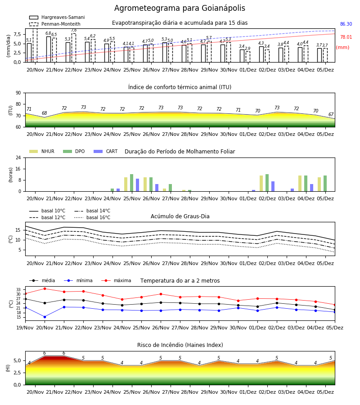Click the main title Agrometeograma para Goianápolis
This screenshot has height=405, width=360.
coord(180,8)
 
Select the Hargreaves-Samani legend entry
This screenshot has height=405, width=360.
coord(57,17)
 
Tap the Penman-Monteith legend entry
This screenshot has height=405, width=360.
coord(55,24)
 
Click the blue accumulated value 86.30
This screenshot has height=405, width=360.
coord(346,24)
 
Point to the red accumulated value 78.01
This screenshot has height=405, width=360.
coord(346,37)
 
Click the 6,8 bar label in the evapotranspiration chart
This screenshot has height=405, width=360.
coord(48,33)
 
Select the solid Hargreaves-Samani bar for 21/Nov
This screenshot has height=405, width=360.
coord(49,49)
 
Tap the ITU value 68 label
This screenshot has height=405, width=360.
coord(45,113)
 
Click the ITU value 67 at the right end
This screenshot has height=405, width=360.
coord(331,114)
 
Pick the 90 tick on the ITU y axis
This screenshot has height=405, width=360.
coord(18,93)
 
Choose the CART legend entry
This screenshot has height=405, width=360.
coord(106,151)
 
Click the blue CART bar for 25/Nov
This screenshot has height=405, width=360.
coord(137,185)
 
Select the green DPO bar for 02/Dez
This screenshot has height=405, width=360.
coord(267,183)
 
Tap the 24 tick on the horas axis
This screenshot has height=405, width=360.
coord(18,157)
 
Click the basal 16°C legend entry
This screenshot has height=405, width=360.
coord(92,217)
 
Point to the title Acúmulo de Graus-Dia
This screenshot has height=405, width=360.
coord(180,216)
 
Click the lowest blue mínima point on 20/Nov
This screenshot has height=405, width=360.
coord(45,317)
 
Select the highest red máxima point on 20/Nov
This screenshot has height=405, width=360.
coord(45,288)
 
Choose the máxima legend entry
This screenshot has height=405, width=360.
coord(116,280)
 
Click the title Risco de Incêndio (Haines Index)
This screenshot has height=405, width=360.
coord(180,345)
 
